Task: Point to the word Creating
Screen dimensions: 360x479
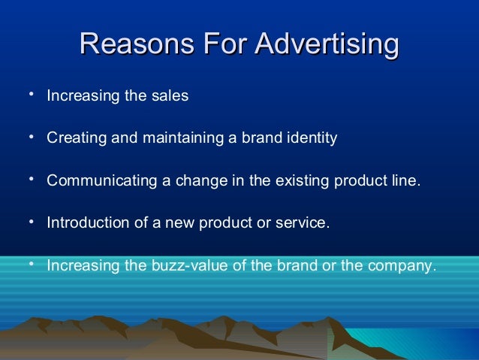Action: (x=71, y=138)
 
